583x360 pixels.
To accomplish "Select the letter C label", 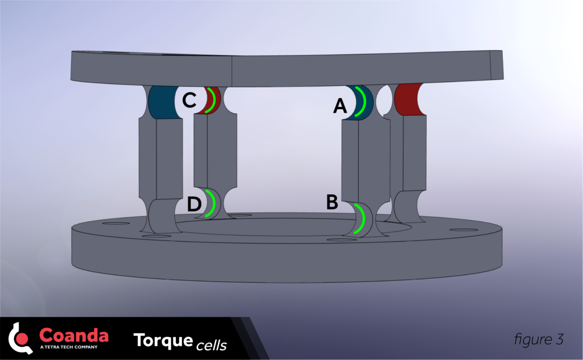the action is (189, 101).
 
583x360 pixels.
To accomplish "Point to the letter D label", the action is (194, 205).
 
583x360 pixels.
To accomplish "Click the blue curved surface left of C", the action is (161, 102).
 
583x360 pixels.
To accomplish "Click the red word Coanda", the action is (74, 335).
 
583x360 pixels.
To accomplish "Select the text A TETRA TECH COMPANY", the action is (69, 347).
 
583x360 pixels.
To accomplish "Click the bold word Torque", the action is (163, 340).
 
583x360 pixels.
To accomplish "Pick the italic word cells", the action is (211, 345).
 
